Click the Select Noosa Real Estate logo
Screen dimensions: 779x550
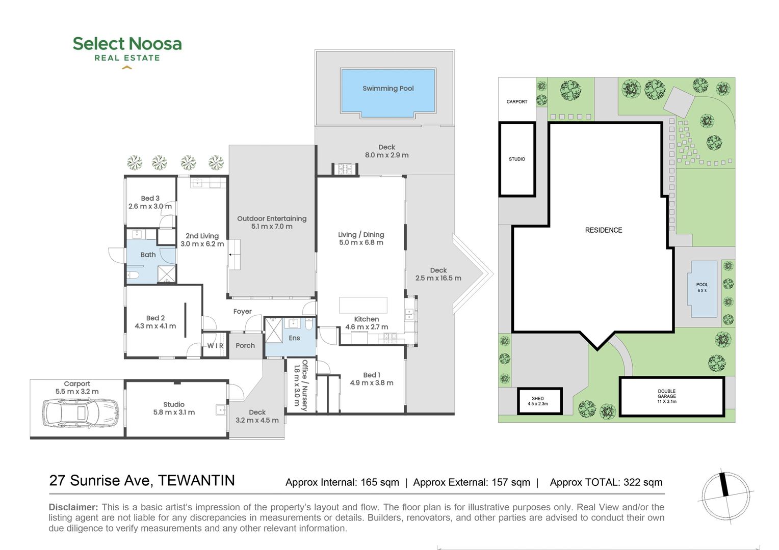[127, 50]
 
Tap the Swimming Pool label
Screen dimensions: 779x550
[388, 89]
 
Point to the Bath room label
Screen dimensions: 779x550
[148, 255]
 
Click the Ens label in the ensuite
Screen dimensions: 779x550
[294, 338]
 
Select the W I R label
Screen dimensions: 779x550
[215, 346]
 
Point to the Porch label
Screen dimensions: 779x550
[245, 346]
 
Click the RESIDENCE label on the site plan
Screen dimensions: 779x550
[604, 230]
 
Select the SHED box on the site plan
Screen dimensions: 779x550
[539, 401]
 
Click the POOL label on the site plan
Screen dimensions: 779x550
[702, 285]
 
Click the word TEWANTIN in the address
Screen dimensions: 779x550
[196, 481]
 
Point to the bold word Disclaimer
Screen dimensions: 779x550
[73, 507]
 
